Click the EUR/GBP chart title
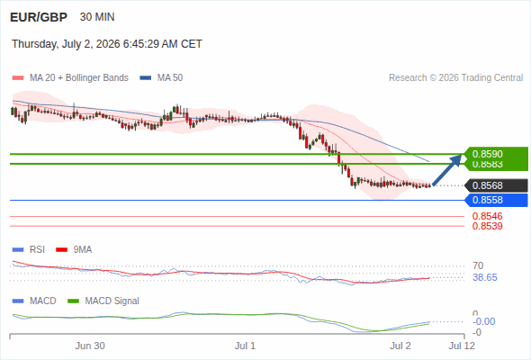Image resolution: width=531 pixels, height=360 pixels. click(39, 17)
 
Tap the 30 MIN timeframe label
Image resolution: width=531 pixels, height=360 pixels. click(97, 17)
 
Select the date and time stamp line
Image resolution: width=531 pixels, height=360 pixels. click(107, 44)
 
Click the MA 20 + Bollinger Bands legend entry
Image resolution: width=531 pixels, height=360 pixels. click(70, 78)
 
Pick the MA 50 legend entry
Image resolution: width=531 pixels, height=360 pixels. click(161, 78)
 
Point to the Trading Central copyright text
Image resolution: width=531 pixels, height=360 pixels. click(455, 78)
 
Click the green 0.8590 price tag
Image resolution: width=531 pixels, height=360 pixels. click(497, 154)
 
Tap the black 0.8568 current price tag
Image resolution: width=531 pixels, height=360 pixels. click(497, 185)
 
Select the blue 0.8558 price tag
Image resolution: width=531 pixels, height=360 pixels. click(497, 200)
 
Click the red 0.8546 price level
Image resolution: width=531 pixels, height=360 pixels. click(487, 216)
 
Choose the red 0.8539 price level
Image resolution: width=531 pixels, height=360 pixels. click(487, 226)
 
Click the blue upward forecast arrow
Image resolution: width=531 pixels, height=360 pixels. click(447, 170)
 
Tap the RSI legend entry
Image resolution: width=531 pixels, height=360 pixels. click(29, 250)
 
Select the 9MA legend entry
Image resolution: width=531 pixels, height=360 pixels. click(74, 250)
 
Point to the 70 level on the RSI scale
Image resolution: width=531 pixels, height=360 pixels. click(478, 265)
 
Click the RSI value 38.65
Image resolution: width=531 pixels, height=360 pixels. click(485, 278)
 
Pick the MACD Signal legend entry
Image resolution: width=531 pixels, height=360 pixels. click(103, 301)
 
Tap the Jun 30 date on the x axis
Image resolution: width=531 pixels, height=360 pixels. click(90, 346)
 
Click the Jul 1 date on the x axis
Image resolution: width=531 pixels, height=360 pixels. click(245, 346)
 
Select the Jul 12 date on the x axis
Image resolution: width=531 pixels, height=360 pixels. click(462, 346)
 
